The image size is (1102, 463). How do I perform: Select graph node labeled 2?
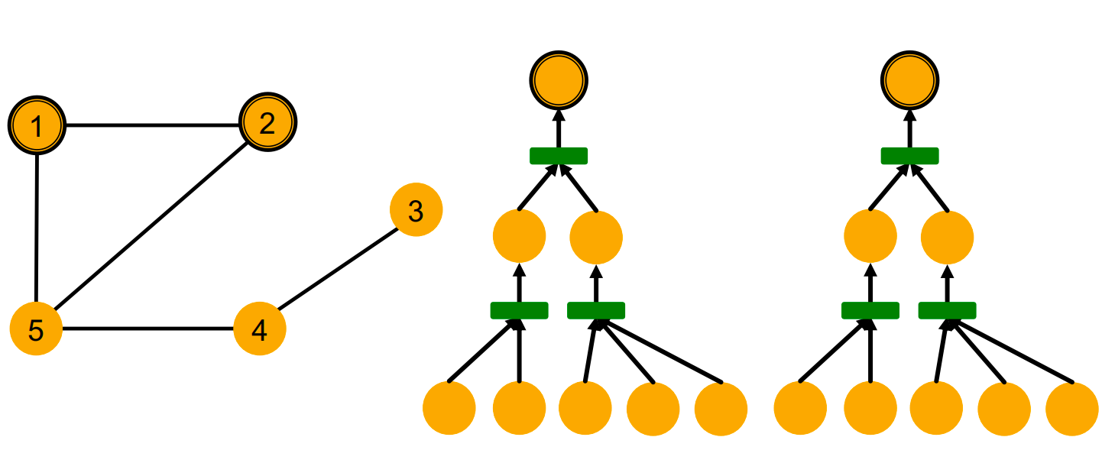click(267, 122)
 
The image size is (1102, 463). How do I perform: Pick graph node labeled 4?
click(259, 329)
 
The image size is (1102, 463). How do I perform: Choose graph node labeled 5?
click(36, 329)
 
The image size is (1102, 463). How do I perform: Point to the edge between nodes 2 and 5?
click(151, 226)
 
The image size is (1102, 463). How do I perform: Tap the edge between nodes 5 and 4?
click(147, 329)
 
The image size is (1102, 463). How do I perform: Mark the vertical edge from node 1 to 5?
click(37, 228)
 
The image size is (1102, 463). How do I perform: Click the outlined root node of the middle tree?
click(559, 79)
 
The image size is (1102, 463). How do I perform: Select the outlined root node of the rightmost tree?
click(909, 79)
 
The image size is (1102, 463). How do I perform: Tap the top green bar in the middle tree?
click(559, 156)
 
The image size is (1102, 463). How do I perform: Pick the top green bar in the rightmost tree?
click(909, 156)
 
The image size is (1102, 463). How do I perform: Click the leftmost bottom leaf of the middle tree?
click(449, 408)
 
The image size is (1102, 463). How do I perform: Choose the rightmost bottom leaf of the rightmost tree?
click(1072, 409)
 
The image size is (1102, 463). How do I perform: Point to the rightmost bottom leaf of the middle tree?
click(721, 409)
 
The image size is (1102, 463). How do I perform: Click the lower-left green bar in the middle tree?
click(519, 310)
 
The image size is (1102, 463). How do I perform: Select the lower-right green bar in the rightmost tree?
click(947, 310)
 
